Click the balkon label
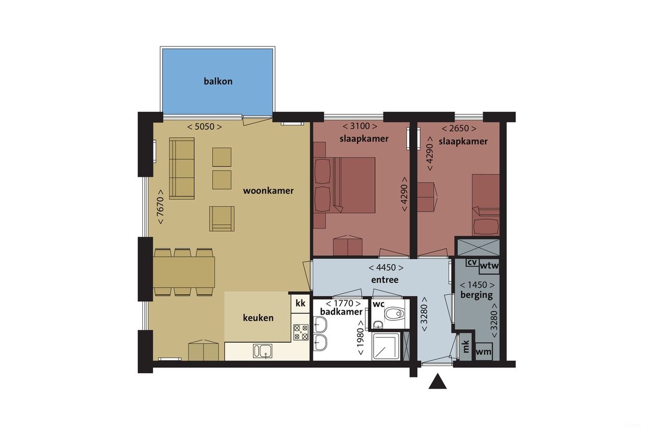(218, 81)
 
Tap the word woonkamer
(268, 191)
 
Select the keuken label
(258, 318)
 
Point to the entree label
(385, 279)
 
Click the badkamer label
(341, 312)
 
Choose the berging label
(476, 295)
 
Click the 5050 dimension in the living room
(205, 126)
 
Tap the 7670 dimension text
(160, 207)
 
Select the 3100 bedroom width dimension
(360, 126)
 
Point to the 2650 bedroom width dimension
(459, 128)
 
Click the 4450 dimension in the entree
(386, 267)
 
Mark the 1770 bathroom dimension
(343, 303)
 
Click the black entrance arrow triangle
(438, 382)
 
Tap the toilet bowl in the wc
(394, 314)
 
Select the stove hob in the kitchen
(301, 332)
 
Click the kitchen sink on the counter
(263, 350)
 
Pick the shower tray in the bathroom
(386, 346)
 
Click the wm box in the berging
(484, 352)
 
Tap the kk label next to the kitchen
(300, 303)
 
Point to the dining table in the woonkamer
(184, 272)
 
